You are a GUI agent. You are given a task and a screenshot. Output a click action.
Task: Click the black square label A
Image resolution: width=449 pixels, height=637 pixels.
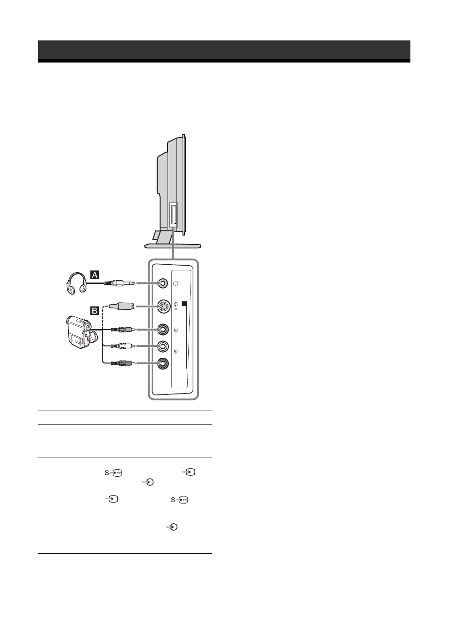click(95, 275)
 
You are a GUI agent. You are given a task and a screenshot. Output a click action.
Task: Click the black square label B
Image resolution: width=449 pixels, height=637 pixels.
click(95, 310)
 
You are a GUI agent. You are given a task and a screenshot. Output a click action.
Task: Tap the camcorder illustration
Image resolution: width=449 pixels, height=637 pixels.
click(81, 332)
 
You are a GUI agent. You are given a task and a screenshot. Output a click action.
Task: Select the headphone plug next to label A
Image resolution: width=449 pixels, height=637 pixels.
click(119, 283)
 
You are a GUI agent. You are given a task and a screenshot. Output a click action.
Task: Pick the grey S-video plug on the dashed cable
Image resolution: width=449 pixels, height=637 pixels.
click(121, 306)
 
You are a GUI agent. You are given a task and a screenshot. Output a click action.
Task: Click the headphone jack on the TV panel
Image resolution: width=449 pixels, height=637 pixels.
click(162, 283)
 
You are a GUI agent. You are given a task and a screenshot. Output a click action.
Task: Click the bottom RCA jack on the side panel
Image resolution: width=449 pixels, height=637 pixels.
click(163, 363)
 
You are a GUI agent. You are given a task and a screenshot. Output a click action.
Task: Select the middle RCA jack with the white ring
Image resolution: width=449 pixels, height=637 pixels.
click(163, 346)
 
